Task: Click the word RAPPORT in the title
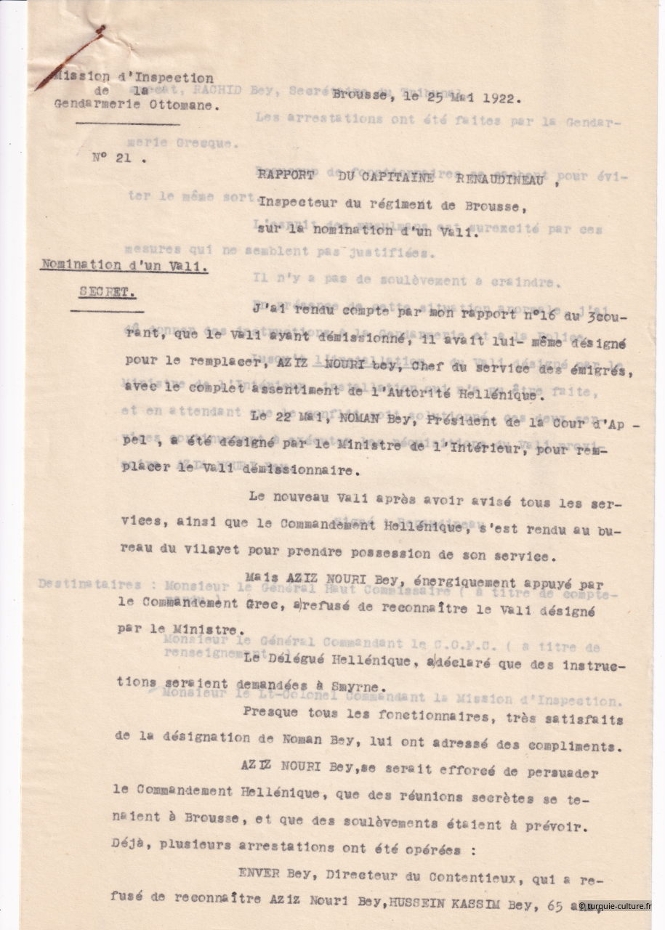coord(286,174)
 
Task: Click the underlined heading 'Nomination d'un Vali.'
coord(124,266)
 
